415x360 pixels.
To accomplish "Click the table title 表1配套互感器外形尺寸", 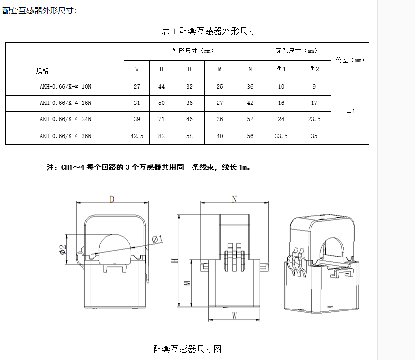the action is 208,31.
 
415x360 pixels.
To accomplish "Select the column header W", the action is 137,69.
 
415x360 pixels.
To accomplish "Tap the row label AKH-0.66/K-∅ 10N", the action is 65,87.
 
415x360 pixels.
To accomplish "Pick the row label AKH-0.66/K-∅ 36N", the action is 65,136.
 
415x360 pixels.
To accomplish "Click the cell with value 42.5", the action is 137,136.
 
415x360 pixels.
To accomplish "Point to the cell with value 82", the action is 161,136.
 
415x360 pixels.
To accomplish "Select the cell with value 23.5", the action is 314,119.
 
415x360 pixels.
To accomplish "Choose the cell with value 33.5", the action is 281,136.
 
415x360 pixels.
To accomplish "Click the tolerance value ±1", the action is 351,111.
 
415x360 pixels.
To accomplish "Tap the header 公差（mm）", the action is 350,60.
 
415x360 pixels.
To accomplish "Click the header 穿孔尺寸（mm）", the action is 297,51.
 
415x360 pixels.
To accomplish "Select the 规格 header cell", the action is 42,71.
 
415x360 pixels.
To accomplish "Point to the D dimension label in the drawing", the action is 112,199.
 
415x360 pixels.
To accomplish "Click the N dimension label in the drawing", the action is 234,199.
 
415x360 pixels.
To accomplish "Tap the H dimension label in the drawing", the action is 174,261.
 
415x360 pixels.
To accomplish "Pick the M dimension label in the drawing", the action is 187,283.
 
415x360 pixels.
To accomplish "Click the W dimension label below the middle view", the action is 234,315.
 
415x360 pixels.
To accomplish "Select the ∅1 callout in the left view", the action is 157,239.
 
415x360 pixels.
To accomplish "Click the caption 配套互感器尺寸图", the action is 188,349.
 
